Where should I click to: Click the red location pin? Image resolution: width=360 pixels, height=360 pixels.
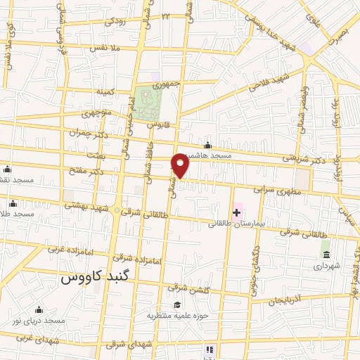point(181,165)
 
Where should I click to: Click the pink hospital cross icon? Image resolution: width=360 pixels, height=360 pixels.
point(237,212)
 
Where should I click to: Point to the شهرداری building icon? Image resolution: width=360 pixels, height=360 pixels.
point(326,253)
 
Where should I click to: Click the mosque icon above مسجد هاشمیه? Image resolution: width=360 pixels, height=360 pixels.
point(207,146)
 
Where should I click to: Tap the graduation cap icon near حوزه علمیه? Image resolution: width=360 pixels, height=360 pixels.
point(177,304)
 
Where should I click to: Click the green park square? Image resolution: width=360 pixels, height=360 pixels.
point(148,102)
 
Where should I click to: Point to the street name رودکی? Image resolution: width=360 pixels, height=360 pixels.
point(116,22)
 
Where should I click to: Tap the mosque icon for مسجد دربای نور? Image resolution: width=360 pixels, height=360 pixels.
point(39,310)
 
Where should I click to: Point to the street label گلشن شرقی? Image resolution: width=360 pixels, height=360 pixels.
point(186,288)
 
